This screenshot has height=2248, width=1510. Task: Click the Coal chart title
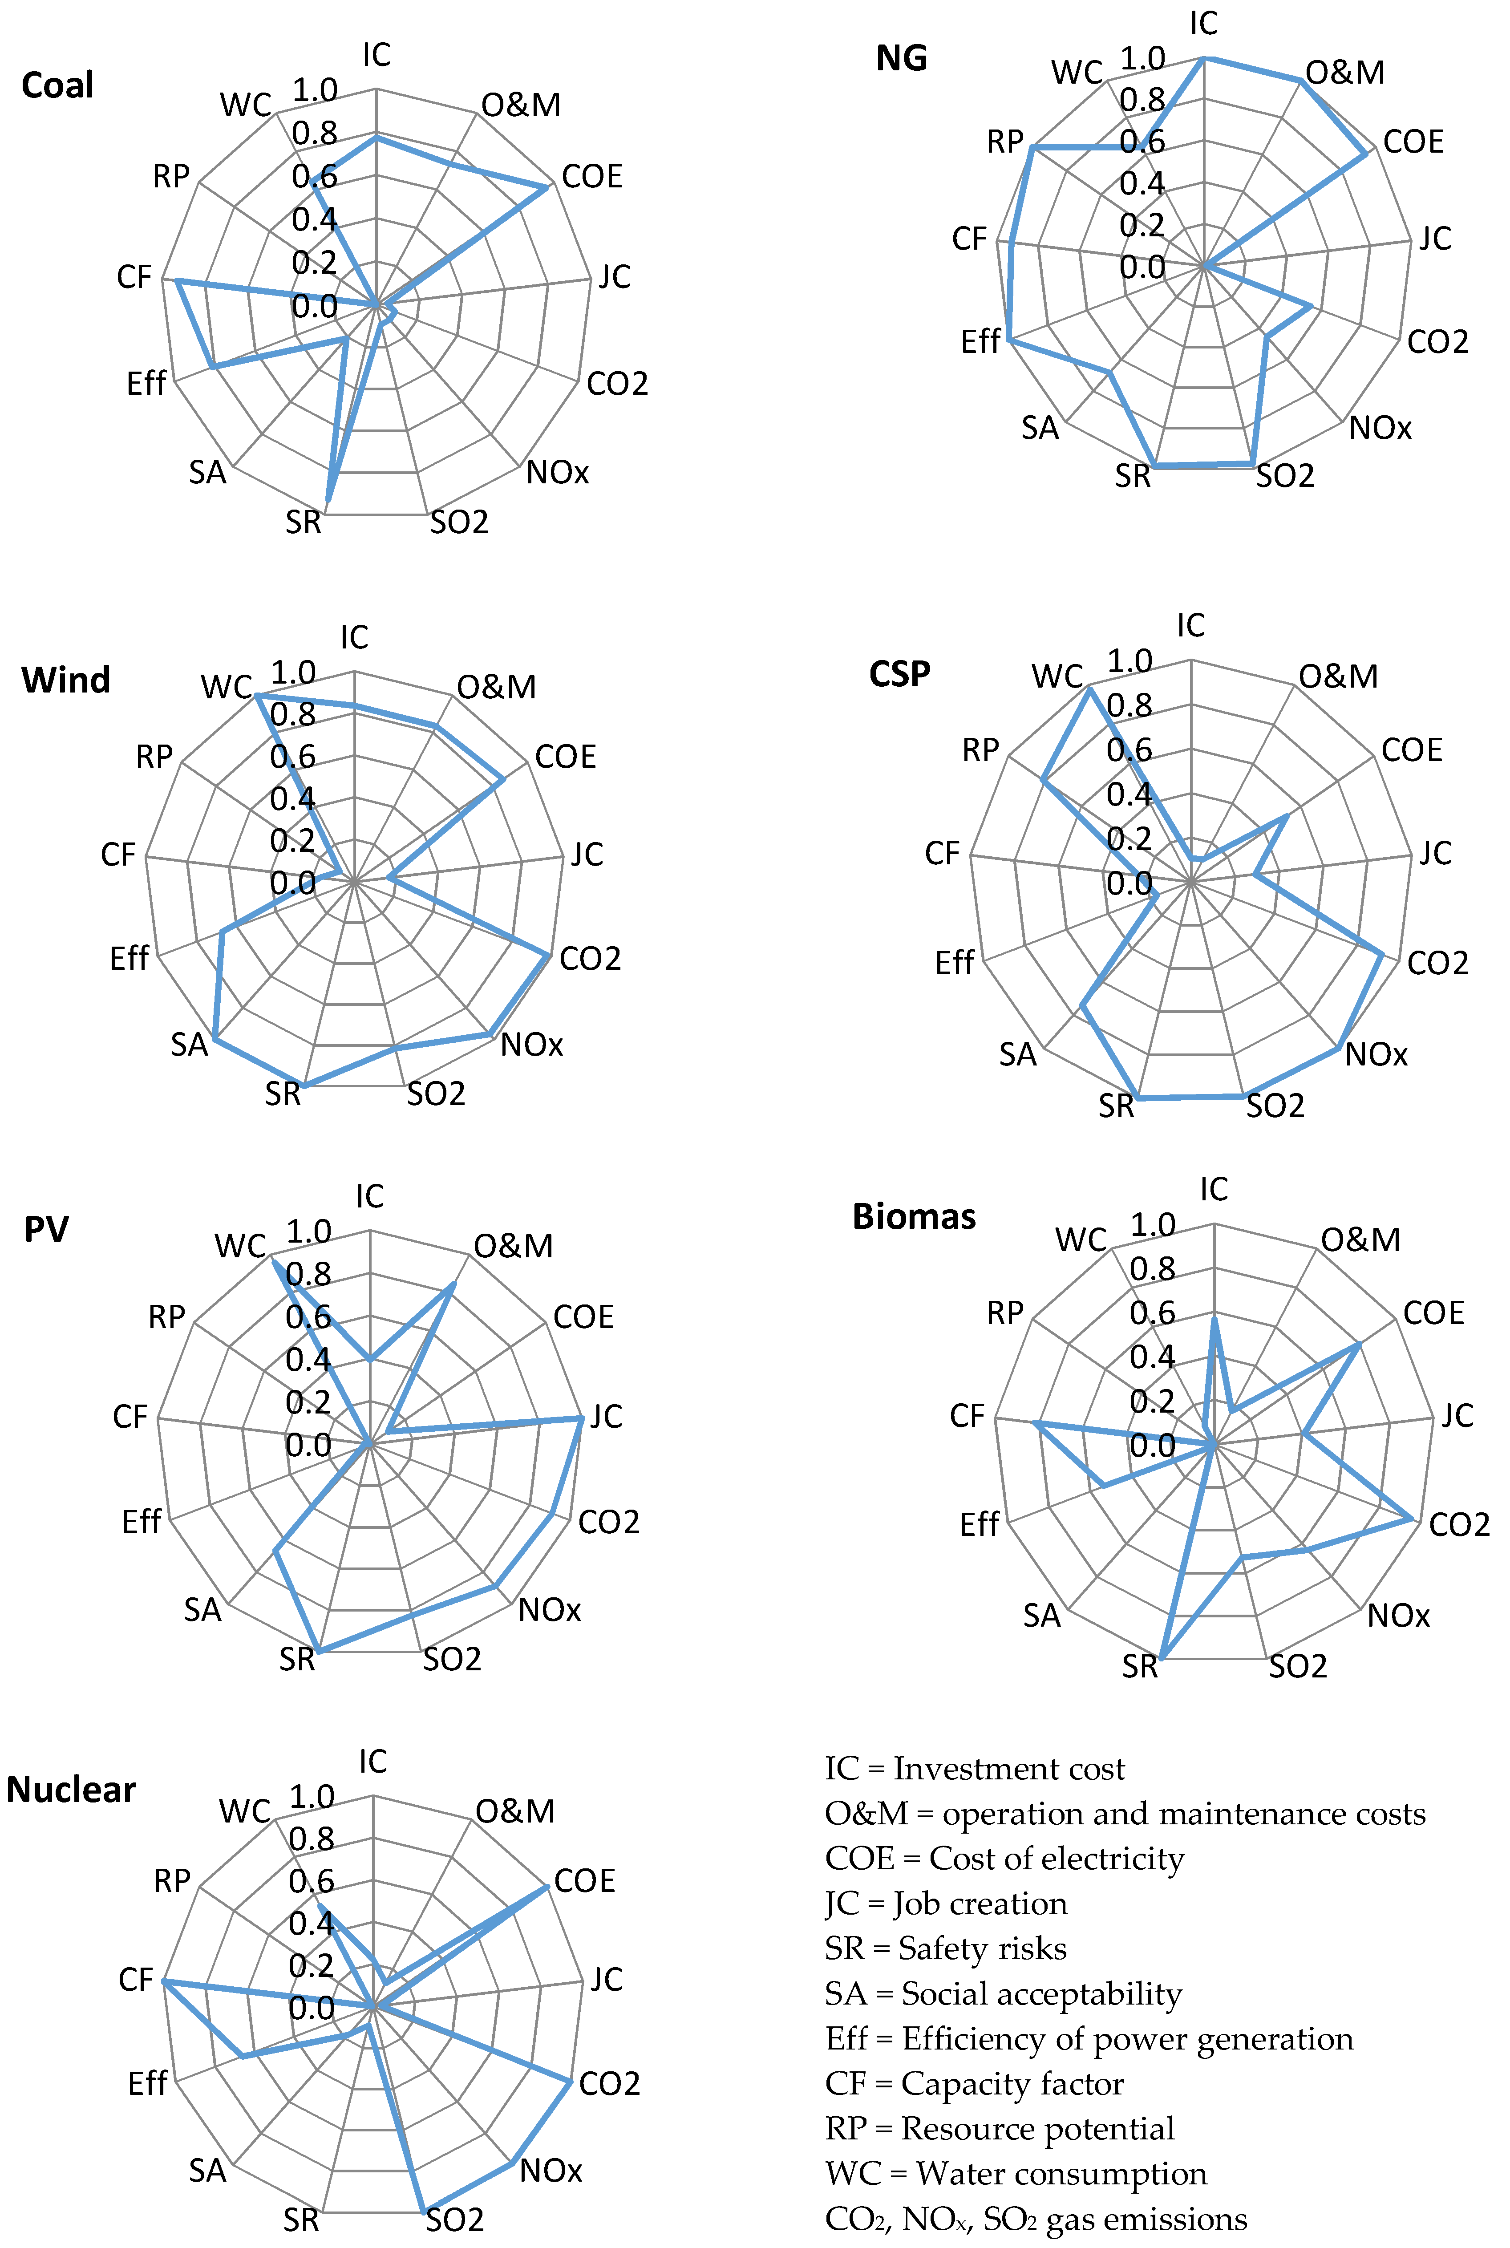(58, 86)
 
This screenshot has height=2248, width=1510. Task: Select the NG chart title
(901, 59)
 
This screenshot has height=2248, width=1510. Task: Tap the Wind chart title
(65, 680)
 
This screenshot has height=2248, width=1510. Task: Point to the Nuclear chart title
(71, 1790)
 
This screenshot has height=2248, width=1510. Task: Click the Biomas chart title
(914, 1216)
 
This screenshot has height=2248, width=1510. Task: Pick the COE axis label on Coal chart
(592, 176)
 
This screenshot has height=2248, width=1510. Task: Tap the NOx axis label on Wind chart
(531, 1044)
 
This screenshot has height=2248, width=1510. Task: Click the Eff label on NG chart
(980, 342)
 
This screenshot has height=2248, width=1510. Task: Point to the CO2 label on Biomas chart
(1459, 1525)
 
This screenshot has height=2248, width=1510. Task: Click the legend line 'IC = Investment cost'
(975, 1768)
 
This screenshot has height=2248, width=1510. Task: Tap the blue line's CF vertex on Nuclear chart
(164, 1980)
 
